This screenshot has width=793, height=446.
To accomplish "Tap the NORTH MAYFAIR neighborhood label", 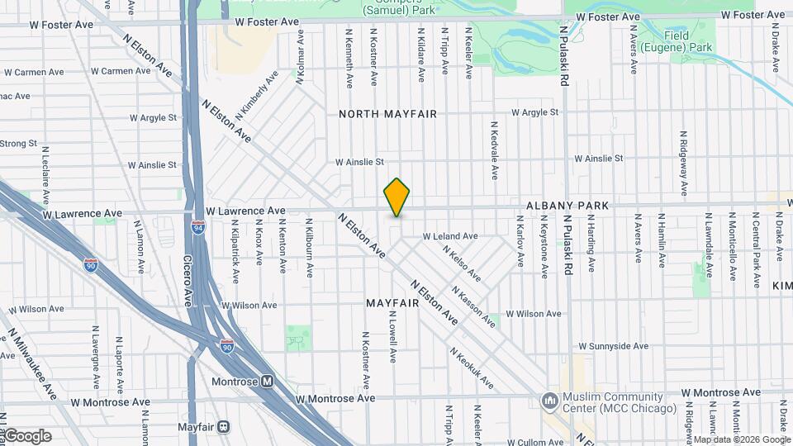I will [387, 114].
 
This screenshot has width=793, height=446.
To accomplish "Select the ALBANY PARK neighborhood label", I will [567, 205].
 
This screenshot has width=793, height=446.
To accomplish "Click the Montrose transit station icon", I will [267, 382].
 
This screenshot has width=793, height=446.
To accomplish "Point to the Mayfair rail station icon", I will [224, 427].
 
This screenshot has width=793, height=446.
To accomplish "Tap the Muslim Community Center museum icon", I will [549, 401].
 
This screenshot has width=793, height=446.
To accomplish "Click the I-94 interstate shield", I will [198, 226].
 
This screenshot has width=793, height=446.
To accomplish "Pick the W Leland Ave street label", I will [450, 236].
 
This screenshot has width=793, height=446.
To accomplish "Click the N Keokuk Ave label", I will [472, 368].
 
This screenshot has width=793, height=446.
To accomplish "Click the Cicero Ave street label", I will [188, 278].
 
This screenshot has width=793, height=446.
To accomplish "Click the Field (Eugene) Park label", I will [688, 41].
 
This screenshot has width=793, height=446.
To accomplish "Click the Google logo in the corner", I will [27, 436].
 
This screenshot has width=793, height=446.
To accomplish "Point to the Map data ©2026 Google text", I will [741, 439].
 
